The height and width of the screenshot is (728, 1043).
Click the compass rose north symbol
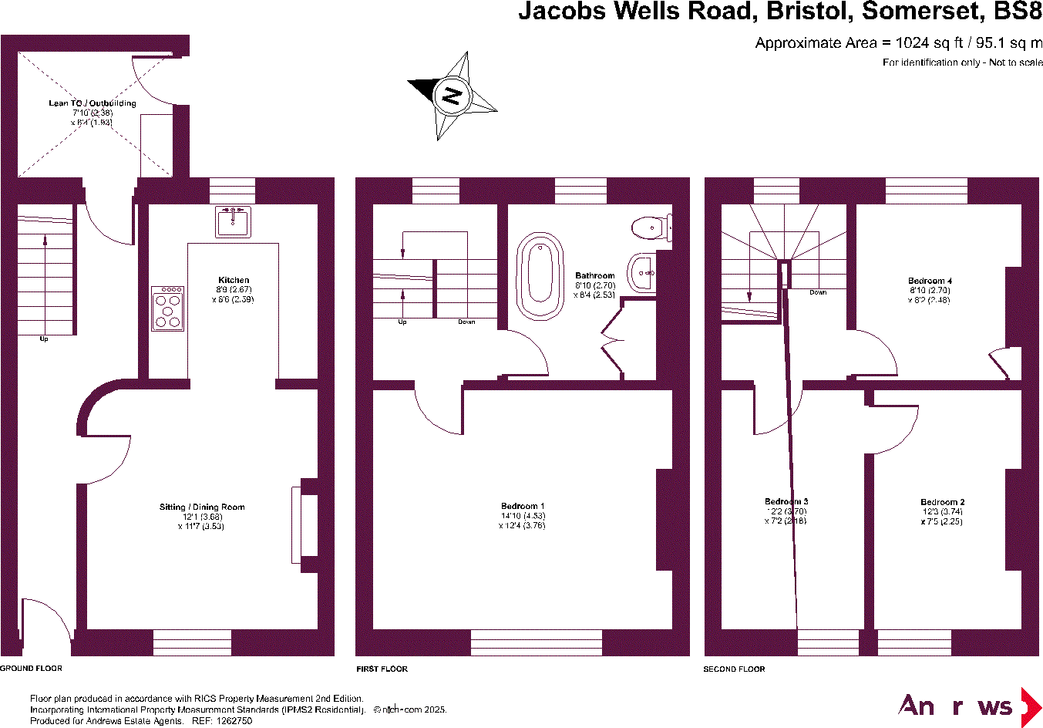click(x=452, y=96)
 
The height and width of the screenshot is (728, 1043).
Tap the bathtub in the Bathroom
click(x=540, y=276)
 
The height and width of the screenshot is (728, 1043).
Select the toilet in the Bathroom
click(x=650, y=228)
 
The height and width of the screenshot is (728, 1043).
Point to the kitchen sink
click(x=233, y=221)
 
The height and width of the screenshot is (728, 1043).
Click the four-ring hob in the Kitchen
click(x=168, y=308)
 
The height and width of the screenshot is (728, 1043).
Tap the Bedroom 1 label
click(x=523, y=507)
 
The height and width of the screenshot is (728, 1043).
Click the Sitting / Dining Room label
click(x=202, y=507)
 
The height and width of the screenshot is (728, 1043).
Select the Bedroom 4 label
click(x=930, y=281)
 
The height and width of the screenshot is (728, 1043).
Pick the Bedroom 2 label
click(x=942, y=502)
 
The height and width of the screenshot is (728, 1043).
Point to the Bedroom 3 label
click(x=786, y=501)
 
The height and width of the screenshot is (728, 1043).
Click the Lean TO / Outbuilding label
click(x=93, y=103)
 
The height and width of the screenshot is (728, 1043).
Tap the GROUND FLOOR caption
click(x=32, y=668)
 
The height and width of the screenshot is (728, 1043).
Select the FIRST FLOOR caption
click(x=382, y=669)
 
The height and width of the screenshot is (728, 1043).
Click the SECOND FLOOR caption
click(x=734, y=669)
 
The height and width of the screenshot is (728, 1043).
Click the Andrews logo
click(x=969, y=706)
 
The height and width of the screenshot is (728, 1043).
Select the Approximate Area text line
click(x=898, y=43)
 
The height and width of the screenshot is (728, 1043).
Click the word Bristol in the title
click(x=809, y=12)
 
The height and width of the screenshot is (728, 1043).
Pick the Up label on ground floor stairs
click(x=43, y=339)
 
